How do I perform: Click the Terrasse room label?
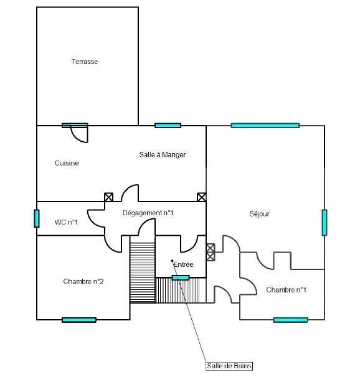pyautogui.click(x=85, y=62)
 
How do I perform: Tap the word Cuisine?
pyautogui.click(x=67, y=163)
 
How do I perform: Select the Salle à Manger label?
pyautogui.click(x=163, y=155)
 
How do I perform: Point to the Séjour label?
pyautogui.click(x=259, y=214)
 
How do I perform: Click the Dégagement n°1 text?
pyautogui.click(x=148, y=213)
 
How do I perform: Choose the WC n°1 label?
pyautogui.click(x=66, y=222)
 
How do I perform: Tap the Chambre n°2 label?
pyautogui.click(x=83, y=281)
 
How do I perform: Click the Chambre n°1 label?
pyautogui.click(x=286, y=290)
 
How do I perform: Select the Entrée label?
pyautogui.click(x=183, y=264)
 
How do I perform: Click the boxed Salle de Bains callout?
pyautogui.click(x=229, y=366)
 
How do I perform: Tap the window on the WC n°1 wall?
pyautogui.click(x=37, y=218)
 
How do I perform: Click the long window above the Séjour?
pyautogui.click(x=265, y=125)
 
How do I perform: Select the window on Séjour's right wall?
pyautogui.click(x=324, y=222)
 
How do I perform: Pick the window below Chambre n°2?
pyautogui.click(x=79, y=320)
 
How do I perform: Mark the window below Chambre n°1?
pyautogui.click(x=290, y=320)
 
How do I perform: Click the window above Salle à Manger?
pyautogui.click(x=168, y=125)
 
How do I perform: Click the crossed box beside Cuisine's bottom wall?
pyautogui.click(x=108, y=197)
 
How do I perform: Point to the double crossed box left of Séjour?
pyautogui.click(x=211, y=252)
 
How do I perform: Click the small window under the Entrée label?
pyautogui.click(x=181, y=278)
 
